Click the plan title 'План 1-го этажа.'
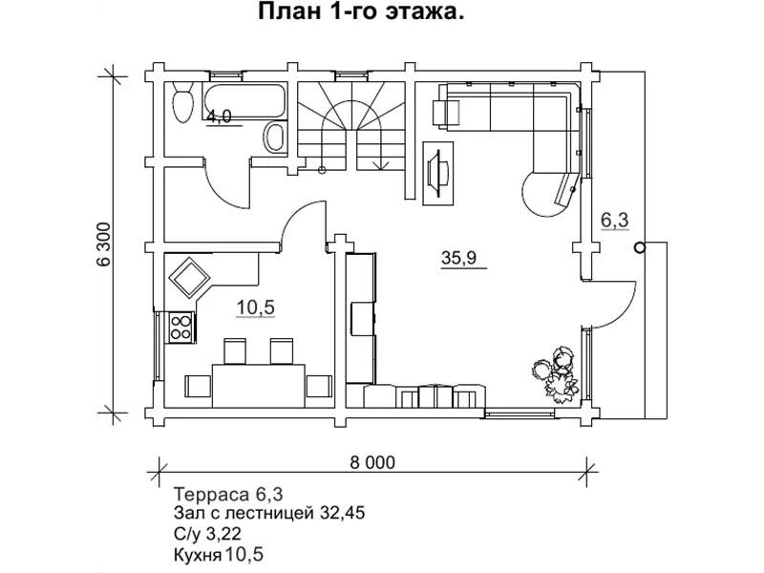click(362, 13)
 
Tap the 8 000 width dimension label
click(371, 462)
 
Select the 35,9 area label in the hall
click(458, 257)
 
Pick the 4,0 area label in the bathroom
click(219, 117)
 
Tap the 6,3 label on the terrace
click(614, 220)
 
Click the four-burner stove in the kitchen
click(180, 328)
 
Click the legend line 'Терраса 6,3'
click(228, 494)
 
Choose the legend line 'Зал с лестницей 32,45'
click(269, 514)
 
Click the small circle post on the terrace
click(639, 246)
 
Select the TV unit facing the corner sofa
click(438, 170)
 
